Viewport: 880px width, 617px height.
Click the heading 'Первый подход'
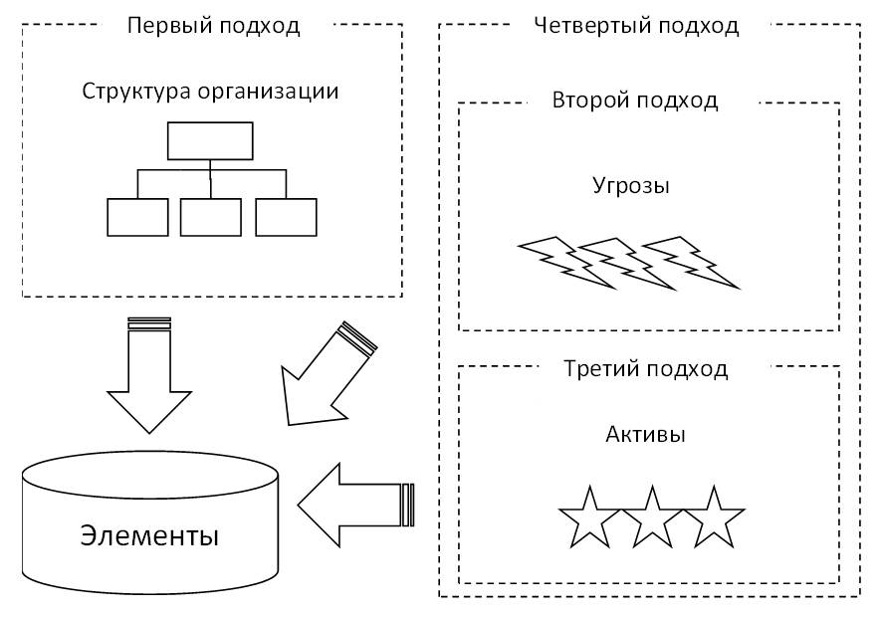click(213, 26)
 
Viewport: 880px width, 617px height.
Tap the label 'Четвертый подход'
click(636, 26)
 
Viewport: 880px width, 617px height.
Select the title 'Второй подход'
click(634, 101)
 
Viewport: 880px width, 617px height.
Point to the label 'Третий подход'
click(646, 369)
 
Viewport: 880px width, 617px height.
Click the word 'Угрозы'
click(631, 186)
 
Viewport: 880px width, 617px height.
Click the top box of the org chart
click(210, 141)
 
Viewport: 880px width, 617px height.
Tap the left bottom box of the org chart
click(137, 217)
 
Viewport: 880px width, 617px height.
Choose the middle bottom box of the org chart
click(210, 217)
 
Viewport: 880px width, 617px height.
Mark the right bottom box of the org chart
click(286, 217)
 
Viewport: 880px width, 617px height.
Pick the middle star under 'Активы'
click(651, 517)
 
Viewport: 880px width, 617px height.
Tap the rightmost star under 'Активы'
click(714, 517)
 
